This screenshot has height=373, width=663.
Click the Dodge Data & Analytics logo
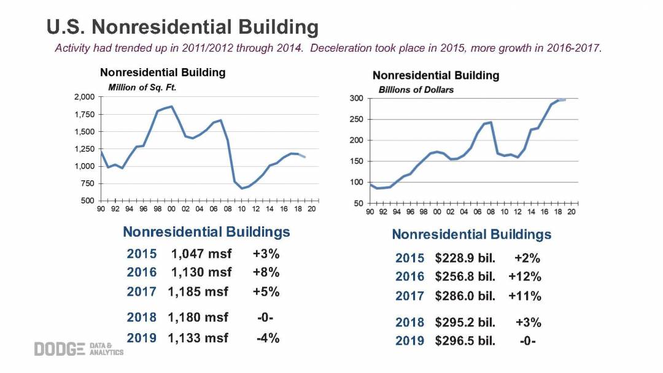(79, 348)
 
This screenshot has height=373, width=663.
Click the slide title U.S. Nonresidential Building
(183, 28)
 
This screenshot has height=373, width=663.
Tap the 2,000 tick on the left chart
(84, 97)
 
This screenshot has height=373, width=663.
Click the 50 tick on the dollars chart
(359, 203)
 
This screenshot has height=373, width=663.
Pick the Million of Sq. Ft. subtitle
(142, 87)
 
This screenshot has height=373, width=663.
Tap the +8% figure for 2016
(266, 272)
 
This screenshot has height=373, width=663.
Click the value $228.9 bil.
(465, 258)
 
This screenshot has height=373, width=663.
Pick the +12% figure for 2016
(525, 277)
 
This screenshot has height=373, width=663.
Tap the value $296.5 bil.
(465, 340)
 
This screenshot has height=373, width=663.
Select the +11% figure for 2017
(525, 296)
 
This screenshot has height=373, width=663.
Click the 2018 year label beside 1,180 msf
(142, 317)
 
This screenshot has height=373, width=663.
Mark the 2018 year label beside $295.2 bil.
(409, 322)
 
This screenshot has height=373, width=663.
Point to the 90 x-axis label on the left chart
(101, 209)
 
